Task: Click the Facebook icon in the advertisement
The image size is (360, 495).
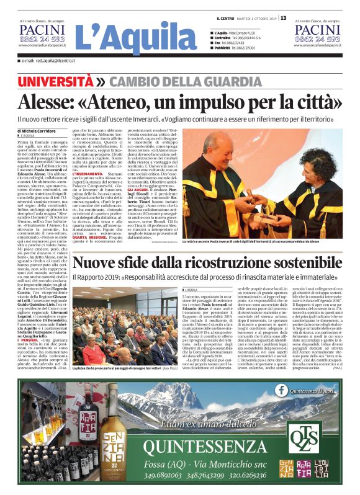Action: (284, 389)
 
